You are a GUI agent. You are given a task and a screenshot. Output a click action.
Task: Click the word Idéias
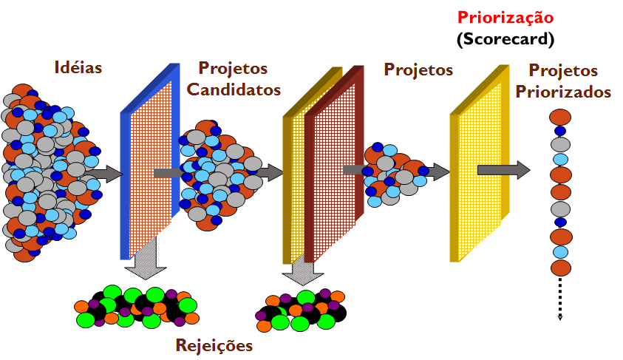click(78, 67)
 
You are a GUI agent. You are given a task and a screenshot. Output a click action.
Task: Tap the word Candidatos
click(234, 90)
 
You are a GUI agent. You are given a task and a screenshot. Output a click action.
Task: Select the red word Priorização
click(505, 17)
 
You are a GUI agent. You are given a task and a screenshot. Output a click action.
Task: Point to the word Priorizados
click(563, 92)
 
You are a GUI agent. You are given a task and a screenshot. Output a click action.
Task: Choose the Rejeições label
click(214, 345)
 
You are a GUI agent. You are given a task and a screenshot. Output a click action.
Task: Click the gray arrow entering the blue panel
click(103, 174)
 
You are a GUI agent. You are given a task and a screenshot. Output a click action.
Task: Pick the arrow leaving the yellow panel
click(503, 170)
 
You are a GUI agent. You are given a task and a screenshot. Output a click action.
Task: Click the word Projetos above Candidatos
click(234, 69)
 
